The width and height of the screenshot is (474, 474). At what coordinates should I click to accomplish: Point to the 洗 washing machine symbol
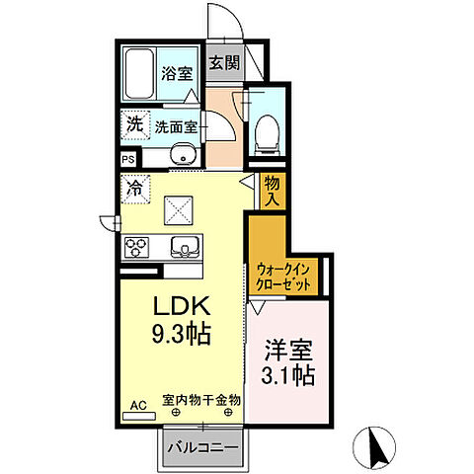[132, 126]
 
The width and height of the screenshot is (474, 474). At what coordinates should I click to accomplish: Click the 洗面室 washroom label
[176, 126]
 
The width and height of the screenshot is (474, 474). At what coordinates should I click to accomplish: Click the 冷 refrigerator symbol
[133, 184]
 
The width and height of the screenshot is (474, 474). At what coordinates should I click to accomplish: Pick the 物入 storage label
[274, 190]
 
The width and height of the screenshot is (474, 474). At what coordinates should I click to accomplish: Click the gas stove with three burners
[136, 247]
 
